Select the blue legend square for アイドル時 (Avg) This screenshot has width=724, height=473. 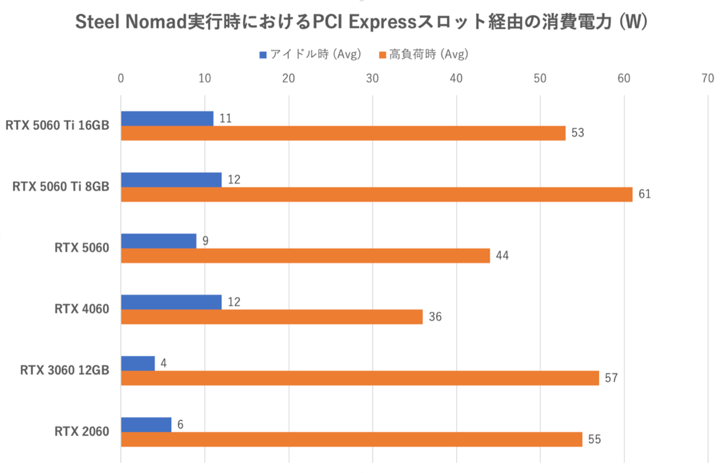click(x=262, y=55)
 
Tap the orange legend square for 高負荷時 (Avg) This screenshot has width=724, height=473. click(x=382, y=55)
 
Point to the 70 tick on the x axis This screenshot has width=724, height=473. click(x=707, y=79)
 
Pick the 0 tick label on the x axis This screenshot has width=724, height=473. click(x=121, y=79)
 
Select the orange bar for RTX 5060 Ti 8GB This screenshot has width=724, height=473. click(x=376, y=194)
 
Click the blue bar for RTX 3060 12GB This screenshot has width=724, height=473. click(x=138, y=363)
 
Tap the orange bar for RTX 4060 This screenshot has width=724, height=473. click(x=271, y=317)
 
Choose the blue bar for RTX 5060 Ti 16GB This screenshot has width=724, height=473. click(x=167, y=118)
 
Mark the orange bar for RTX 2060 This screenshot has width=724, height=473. click(x=351, y=439)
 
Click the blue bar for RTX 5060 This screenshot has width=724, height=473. click(x=159, y=241)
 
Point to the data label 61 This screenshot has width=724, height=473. click(x=644, y=195)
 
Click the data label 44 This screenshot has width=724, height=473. click(x=502, y=256)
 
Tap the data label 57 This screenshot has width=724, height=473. click(x=611, y=378)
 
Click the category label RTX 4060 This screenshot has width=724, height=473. click(x=82, y=309)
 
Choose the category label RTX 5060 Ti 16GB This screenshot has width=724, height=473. click(x=57, y=126)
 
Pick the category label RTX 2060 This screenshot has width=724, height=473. click(x=82, y=431)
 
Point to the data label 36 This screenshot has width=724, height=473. click(x=435, y=317)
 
